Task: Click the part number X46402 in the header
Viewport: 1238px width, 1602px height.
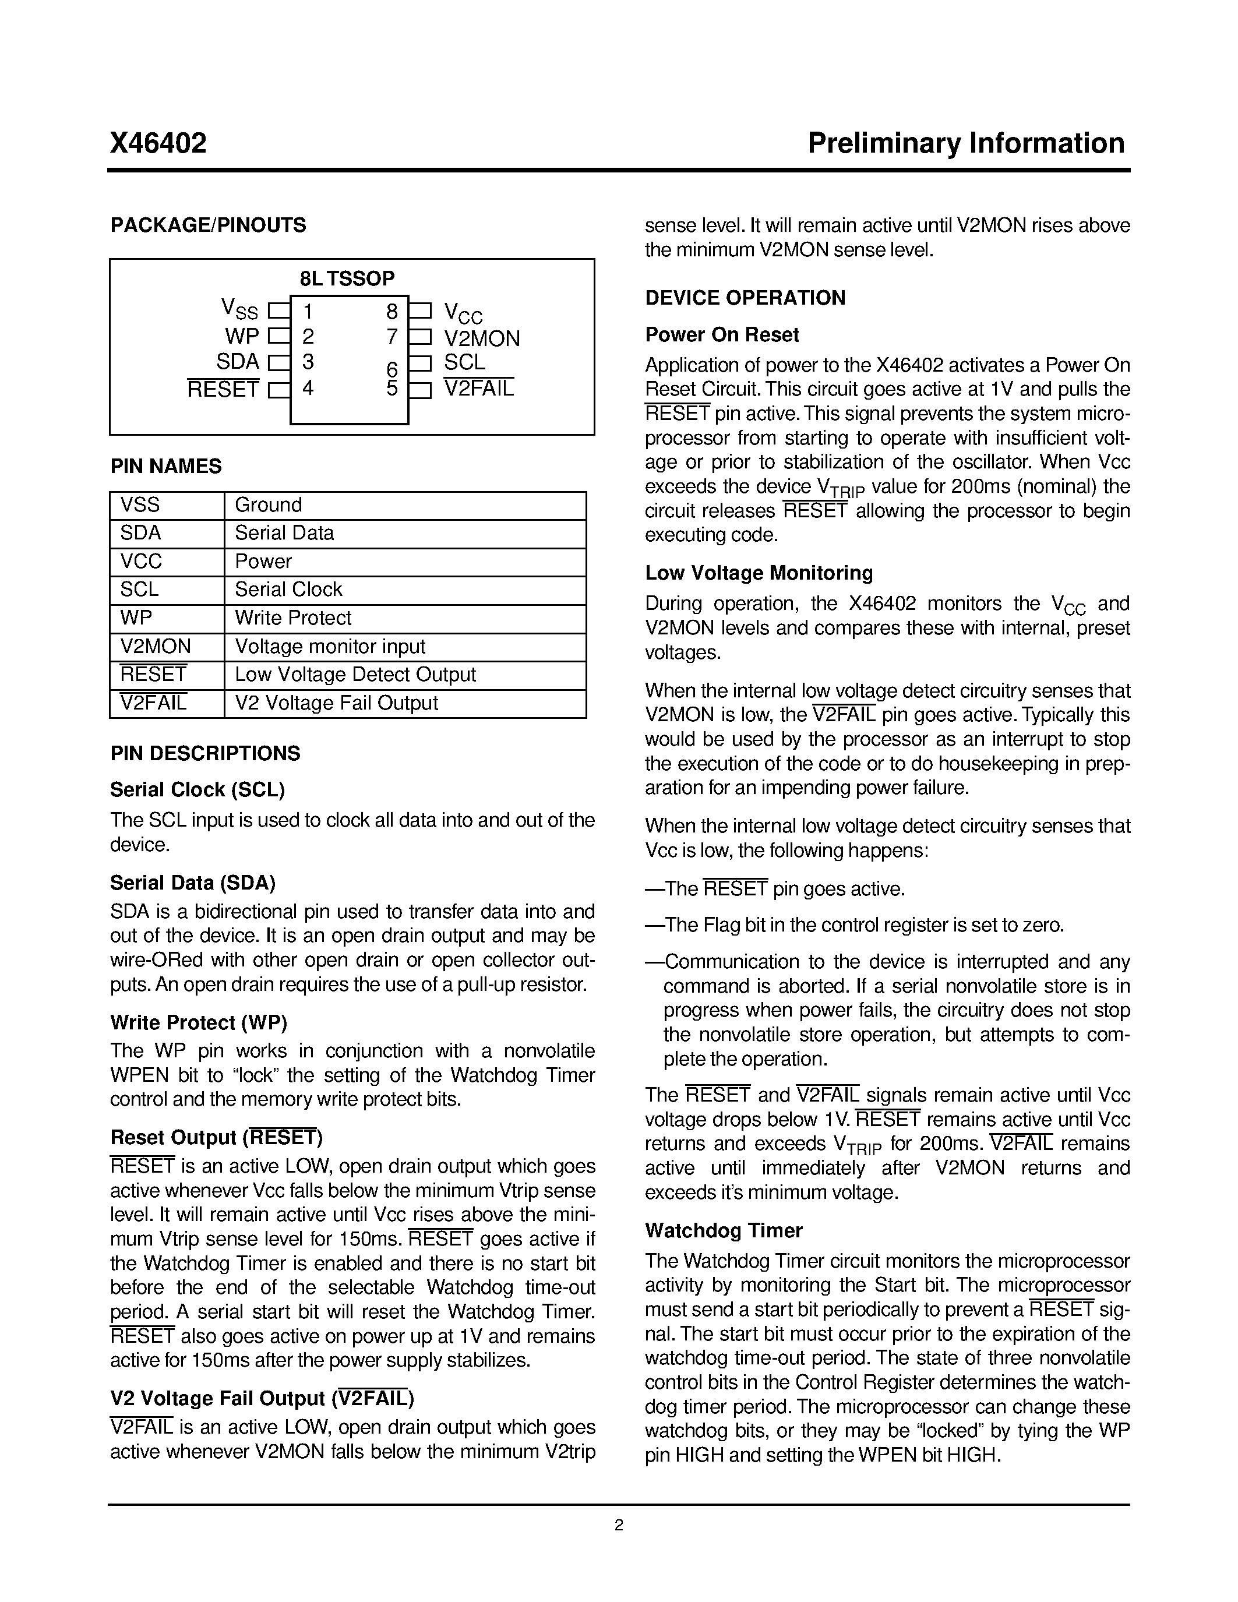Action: (158, 143)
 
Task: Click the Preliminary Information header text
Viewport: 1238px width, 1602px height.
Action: (966, 143)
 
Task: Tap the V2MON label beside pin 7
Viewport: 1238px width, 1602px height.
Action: (482, 338)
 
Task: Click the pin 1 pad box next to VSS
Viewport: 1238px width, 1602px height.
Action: (278, 311)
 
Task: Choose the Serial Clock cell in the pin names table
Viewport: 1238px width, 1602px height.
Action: (288, 590)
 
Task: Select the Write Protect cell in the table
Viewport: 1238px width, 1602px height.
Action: (292, 618)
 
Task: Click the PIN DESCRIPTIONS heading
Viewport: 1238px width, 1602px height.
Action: (205, 754)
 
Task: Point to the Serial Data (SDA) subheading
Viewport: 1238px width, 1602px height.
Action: (193, 883)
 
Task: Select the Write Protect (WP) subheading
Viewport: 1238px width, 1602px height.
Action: (199, 1022)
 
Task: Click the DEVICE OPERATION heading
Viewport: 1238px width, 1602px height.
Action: (745, 298)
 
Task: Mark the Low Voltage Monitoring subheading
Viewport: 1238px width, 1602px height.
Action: (759, 573)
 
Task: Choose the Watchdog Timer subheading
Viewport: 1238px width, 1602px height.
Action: (724, 1231)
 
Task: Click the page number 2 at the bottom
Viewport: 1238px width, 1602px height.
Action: (619, 1526)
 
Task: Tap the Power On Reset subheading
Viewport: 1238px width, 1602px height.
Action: (722, 335)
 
